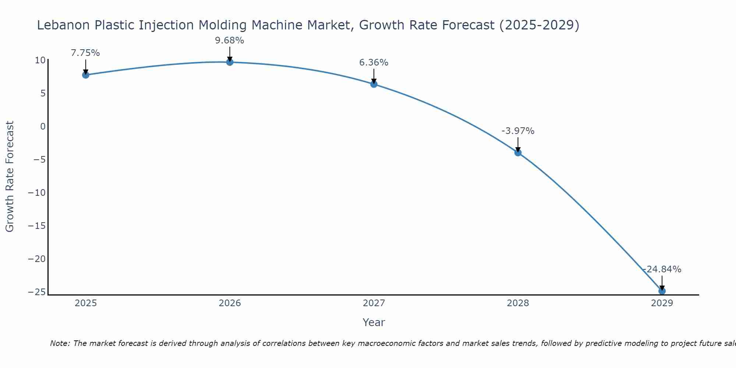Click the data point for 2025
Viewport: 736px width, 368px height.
point(86,75)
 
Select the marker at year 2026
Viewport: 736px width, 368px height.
point(230,62)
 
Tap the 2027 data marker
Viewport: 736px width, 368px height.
point(374,84)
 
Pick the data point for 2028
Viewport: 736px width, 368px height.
point(518,153)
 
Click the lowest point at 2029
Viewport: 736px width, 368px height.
point(662,291)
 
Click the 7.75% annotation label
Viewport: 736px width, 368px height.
point(85,53)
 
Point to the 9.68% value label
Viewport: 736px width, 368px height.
point(230,40)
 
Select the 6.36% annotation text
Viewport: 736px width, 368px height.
point(374,63)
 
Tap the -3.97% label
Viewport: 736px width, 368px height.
point(518,131)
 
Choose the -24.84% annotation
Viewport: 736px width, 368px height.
point(662,269)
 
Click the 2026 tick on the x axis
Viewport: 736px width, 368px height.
point(230,303)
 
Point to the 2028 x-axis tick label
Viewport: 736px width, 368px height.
point(518,303)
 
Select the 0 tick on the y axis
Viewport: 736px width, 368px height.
point(43,127)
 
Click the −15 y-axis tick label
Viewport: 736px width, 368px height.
point(37,226)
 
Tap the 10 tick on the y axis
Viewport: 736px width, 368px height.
point(40,60)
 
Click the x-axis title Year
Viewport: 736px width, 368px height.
point(374,322)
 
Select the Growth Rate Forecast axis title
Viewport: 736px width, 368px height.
point(10,177)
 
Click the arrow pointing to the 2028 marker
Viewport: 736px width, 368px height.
point(518,144)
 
